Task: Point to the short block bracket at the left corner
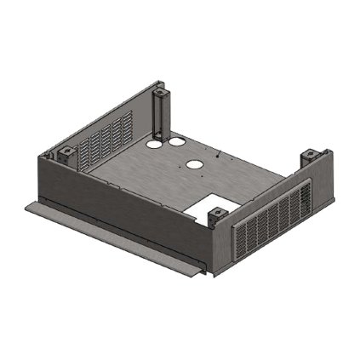tap(63, 156)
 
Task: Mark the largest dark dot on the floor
tap(219, 157)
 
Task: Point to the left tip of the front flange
tap(26, 205)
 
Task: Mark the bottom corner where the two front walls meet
tap(212, 274)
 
